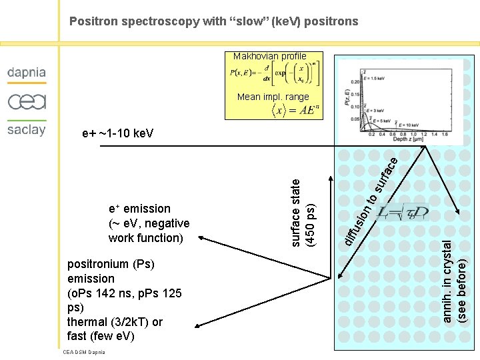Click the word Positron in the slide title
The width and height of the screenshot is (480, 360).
click(93, 21)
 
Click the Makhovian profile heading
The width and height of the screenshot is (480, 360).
click(270, 57)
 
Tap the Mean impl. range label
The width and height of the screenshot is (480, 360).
click(273, 97)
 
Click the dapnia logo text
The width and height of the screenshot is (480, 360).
click(27, 73)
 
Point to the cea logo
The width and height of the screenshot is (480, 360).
click(27, 101)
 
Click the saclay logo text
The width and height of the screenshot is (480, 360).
click(27, 129)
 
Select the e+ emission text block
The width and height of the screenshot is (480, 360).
click(149, 223)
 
